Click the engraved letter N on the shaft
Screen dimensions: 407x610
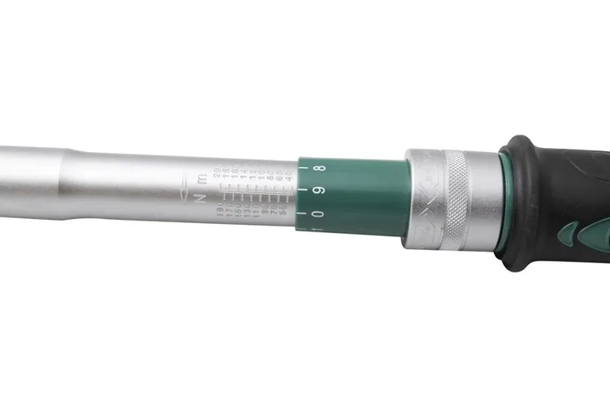[199, 198]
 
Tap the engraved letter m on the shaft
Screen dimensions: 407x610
[201, 179]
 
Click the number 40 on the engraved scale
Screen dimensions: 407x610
[288, 176]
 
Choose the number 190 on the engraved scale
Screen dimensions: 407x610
[219, 208]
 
